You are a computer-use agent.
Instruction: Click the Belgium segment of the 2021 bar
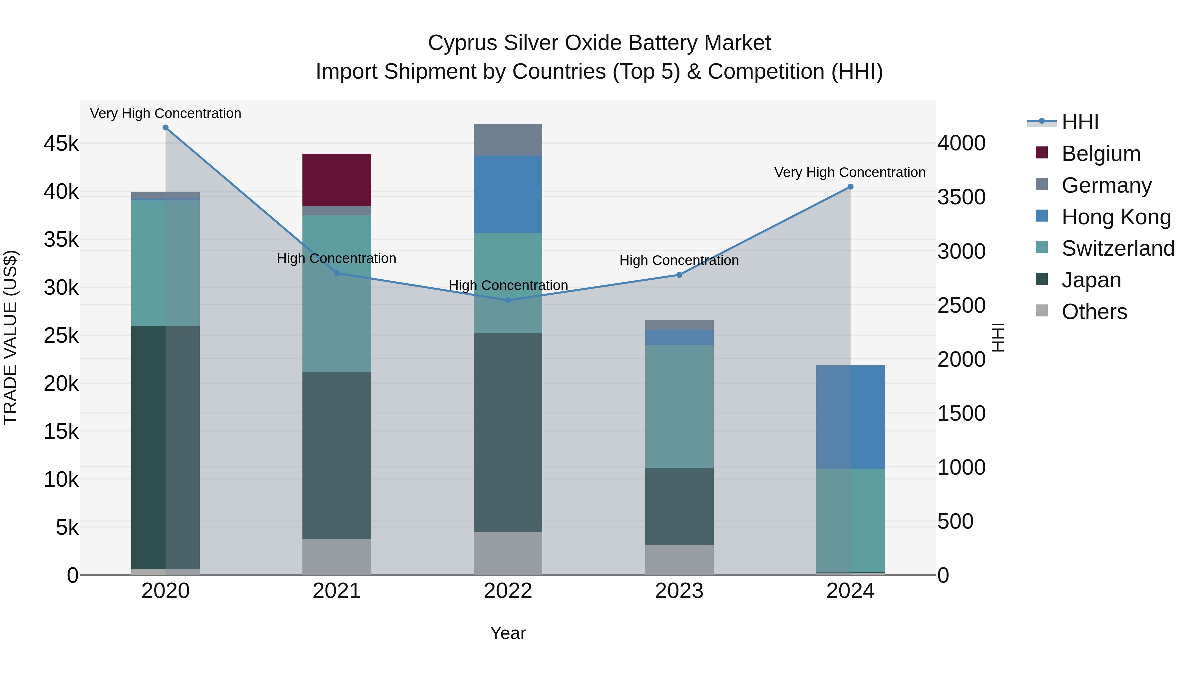pyautogui.click(x=336, y=180)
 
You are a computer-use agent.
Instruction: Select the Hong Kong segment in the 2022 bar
pyautogui.click(x=508, y=194)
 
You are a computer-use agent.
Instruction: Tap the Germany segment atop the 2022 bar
pyautogui.click(x=508, y=140)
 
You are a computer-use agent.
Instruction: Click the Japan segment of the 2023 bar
pyautogui.click(x=679, y=506)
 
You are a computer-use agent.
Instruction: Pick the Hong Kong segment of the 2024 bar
pyautogui.click(x=850, y=417)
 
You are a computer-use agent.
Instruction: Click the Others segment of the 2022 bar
pyautogui.click(x=508, y=553)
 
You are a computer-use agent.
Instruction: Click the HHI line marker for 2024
pyautogui.click(x=850, y=187)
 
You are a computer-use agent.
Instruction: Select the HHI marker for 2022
pyautogui.click(x=508, y=300)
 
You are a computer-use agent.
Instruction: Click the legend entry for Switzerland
pyautogui.click(x=1117, y=248)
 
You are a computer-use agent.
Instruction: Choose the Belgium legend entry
pyautogui.click(x=1101, y=154)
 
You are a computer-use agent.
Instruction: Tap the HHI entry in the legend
pyautogui.click(x=1080, y=122)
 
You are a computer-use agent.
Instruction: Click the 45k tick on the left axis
pyautogui.click(x=61, y=143)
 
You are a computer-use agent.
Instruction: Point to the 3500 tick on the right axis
pyautogui.click(x=961, y=197)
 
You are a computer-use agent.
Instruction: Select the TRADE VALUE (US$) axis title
pyautogui.click(x=10, y=337)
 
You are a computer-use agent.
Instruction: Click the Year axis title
pyautogui.click(x=508, y=633)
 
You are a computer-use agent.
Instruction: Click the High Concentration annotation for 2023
pyautogui.click(x=679, y=260)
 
